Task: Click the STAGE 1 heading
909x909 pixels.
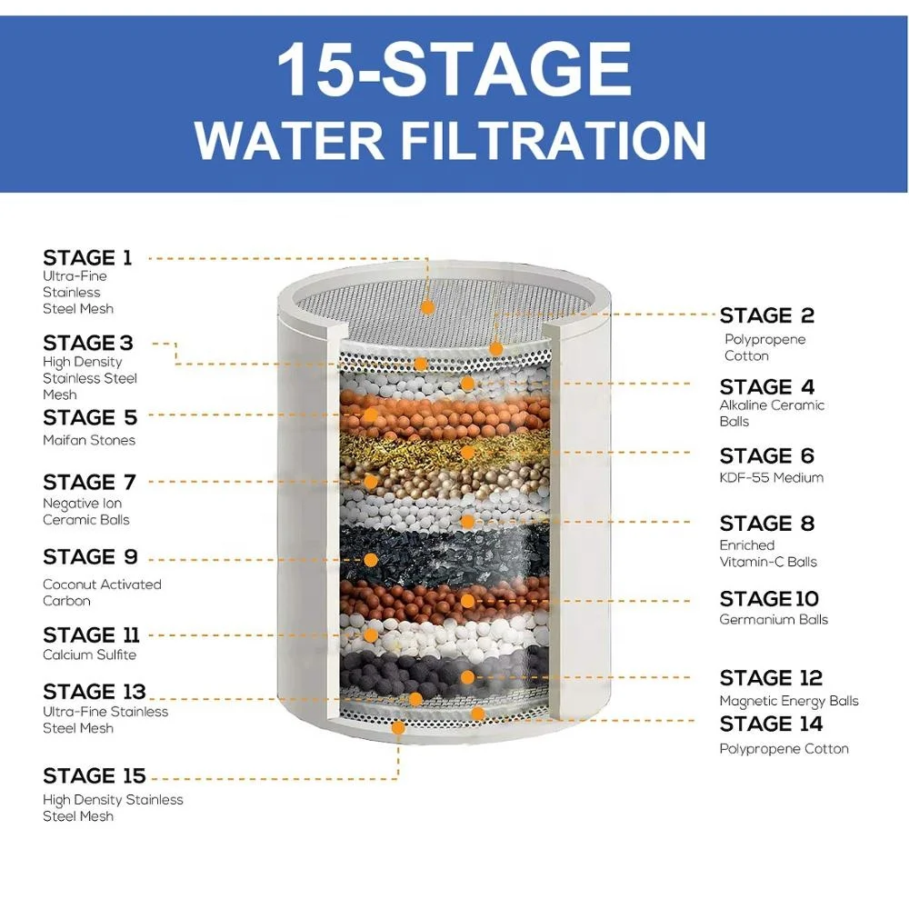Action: point(87,258)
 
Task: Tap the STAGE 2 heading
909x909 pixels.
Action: point(766,316)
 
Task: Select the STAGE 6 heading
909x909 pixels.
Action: point(766,456)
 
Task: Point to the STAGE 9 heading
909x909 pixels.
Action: point(90,557)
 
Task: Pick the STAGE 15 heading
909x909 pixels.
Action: point(94,776)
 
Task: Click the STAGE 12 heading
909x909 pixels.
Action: point(771,679)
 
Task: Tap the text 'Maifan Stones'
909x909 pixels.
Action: point(89,440)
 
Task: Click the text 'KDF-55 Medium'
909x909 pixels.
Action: point(772,478)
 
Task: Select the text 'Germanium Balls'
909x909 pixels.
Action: point(774,620)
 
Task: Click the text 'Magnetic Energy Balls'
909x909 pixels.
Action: point(789,701)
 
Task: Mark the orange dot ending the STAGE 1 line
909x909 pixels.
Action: point(427,307)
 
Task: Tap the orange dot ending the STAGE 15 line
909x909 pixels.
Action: point(397,727)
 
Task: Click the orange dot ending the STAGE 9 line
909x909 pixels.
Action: point(370,558)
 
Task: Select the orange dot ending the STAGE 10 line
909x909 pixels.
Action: point(467,601)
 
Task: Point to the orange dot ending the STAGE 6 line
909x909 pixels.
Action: point(467,452)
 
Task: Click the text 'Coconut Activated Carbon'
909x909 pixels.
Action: point(102,593)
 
